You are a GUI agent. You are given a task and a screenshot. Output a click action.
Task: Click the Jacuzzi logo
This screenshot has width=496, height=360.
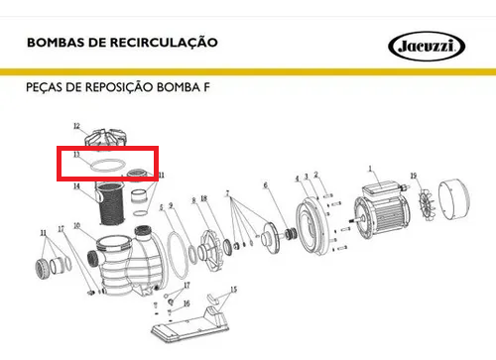point(427,46)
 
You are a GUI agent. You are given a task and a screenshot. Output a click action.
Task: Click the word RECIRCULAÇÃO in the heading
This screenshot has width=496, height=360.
point(164,43)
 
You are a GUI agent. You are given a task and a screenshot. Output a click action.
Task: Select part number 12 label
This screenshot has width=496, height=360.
point(76,126)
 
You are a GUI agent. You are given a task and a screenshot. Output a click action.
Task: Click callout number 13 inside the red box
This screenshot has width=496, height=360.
point(76,155)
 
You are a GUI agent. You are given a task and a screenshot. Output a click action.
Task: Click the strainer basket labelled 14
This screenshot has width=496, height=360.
point(111,204)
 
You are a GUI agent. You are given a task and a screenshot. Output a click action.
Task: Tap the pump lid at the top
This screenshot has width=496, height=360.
point(106,138)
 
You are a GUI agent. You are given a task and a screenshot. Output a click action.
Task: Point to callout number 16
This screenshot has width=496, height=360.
point(186,303)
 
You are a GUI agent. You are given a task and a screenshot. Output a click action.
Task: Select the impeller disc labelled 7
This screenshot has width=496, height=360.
point(271,238)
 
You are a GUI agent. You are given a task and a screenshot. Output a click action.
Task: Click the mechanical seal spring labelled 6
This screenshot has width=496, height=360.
point(292,233)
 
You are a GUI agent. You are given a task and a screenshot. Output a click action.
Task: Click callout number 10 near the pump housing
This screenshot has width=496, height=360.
point(76,226)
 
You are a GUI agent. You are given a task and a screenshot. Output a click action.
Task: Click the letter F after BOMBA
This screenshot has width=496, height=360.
point(206,87)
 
